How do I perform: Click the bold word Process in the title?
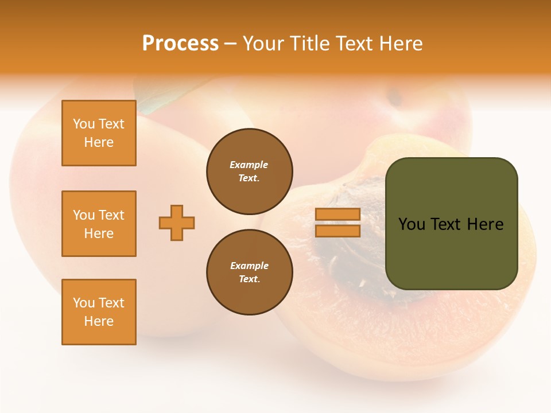tap(180, 43)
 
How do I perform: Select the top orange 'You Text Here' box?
tap(99, 133)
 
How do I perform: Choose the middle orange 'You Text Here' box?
tap(99, 224)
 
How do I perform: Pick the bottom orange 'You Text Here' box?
tap(99, 312)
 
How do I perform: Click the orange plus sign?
tap(177, 223)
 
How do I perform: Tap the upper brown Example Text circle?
tap(249, 172)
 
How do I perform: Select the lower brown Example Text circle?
tap(249, 272)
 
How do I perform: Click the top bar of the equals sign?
tap(337, 214)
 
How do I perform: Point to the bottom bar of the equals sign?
tap(337, 231)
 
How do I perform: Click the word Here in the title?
tap(401, 43)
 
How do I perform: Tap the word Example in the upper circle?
tap(249, 165)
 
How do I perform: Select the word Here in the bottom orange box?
tap(99, 321)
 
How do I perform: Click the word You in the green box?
tap(412, 224)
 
